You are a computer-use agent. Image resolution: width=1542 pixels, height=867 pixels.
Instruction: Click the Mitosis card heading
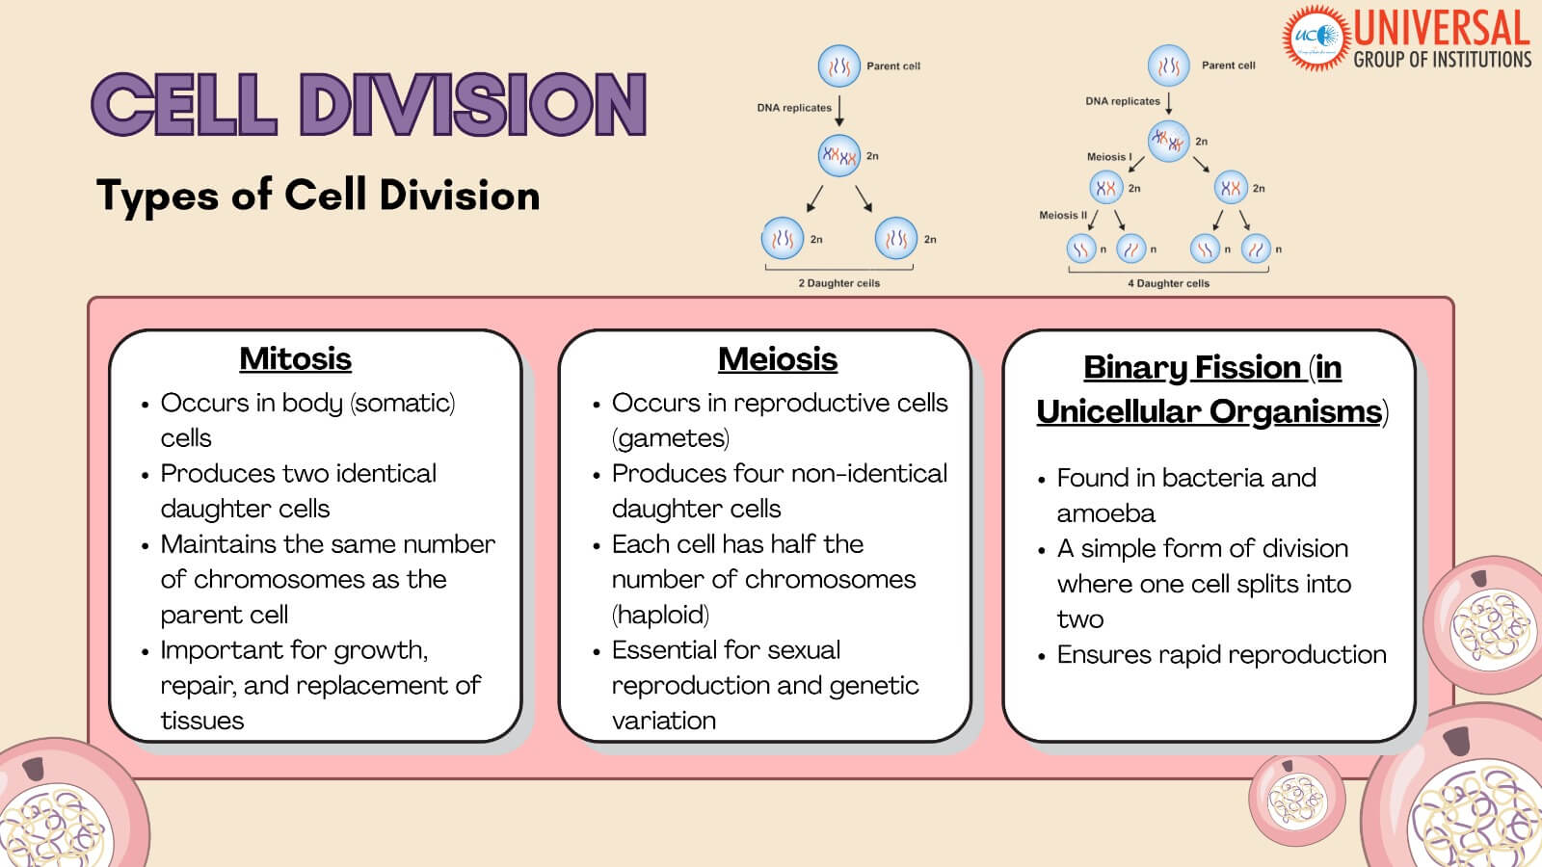295,358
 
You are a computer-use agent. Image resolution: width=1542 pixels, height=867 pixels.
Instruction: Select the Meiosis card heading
778,359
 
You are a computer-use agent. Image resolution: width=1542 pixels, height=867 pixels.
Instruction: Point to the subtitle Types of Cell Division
318,196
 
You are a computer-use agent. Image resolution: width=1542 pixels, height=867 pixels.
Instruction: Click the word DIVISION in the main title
472,105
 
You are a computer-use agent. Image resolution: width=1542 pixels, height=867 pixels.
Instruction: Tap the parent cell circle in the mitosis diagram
838,66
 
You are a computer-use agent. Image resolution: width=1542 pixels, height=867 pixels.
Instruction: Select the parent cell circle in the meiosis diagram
1168,66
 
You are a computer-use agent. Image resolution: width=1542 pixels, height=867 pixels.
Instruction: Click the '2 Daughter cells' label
838,283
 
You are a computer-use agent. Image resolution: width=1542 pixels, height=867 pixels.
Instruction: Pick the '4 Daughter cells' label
1168,283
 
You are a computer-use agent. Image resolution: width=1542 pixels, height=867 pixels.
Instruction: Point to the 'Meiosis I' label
1109,156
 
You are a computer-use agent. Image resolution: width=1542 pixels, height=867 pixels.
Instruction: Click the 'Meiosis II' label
1062,216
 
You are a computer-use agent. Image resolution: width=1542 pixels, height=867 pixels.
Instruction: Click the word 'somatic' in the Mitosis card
403,403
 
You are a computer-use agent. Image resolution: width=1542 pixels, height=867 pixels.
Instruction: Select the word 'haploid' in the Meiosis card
660,615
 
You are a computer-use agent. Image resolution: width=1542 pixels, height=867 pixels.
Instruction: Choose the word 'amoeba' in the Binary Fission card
1105,513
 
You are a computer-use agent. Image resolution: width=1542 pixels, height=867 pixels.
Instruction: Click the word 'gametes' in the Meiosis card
671,438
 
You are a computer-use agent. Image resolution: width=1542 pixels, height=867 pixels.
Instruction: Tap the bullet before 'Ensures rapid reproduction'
1041,656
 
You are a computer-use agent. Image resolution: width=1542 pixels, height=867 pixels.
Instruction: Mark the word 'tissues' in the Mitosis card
202,721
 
